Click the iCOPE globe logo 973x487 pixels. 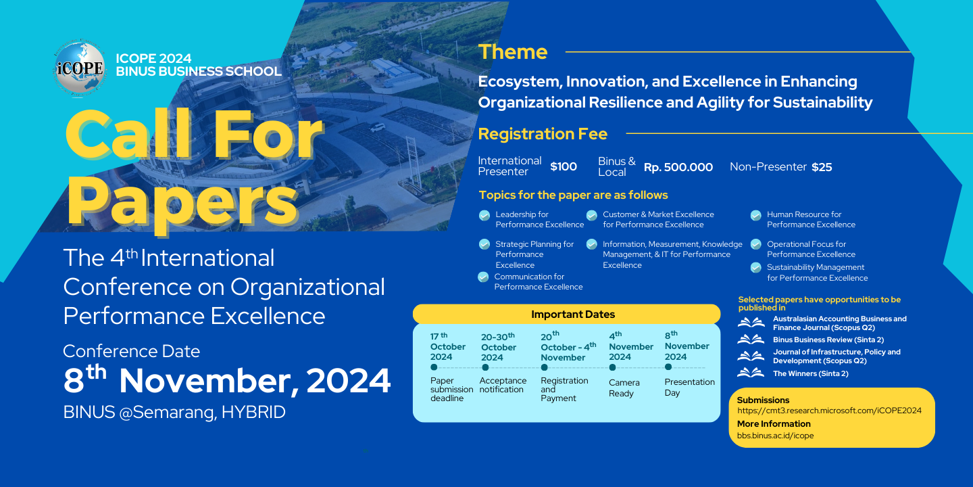80,69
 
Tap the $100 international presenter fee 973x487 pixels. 564,166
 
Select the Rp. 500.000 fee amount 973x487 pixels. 678,167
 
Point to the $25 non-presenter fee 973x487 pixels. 822,167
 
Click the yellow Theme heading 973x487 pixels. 513,51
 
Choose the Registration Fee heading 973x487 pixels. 543,133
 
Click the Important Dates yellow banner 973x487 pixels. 566,314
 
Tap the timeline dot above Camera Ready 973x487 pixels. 612,367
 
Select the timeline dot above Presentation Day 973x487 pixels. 668,367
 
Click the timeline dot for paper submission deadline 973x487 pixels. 434,367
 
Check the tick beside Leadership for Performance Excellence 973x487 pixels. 484,216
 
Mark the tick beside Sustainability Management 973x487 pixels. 756,268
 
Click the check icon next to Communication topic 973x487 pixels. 483,277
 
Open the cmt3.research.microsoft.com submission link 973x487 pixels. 829,411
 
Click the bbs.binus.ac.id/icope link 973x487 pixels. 776,436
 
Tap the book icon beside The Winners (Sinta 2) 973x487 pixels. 751,373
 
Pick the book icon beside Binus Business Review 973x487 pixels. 751,339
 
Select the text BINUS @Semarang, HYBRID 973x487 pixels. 174,412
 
